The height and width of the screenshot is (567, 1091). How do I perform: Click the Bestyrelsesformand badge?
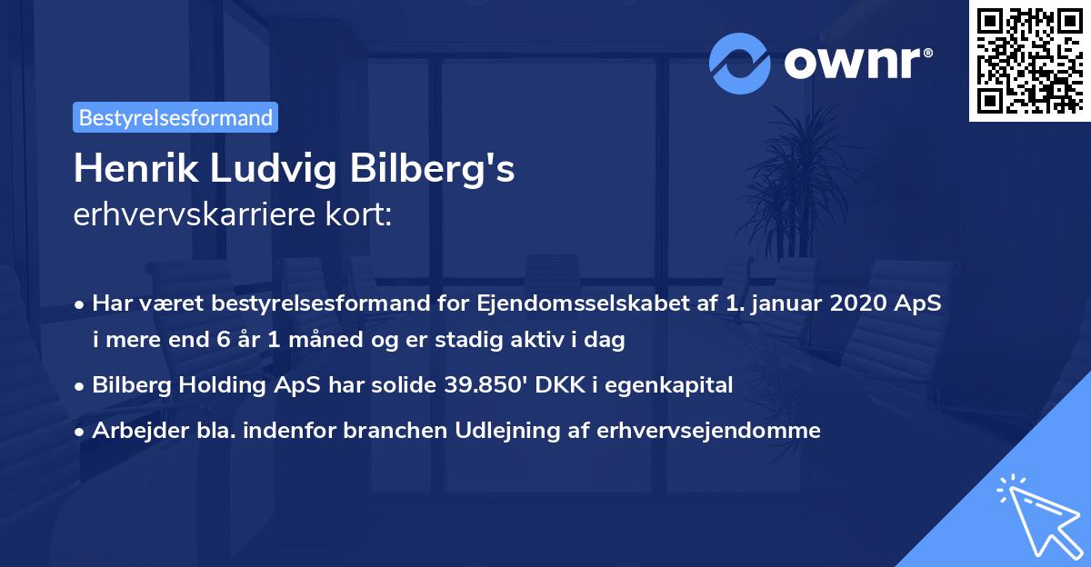[175, 117]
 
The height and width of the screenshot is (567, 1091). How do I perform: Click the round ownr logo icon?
[740, 63]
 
